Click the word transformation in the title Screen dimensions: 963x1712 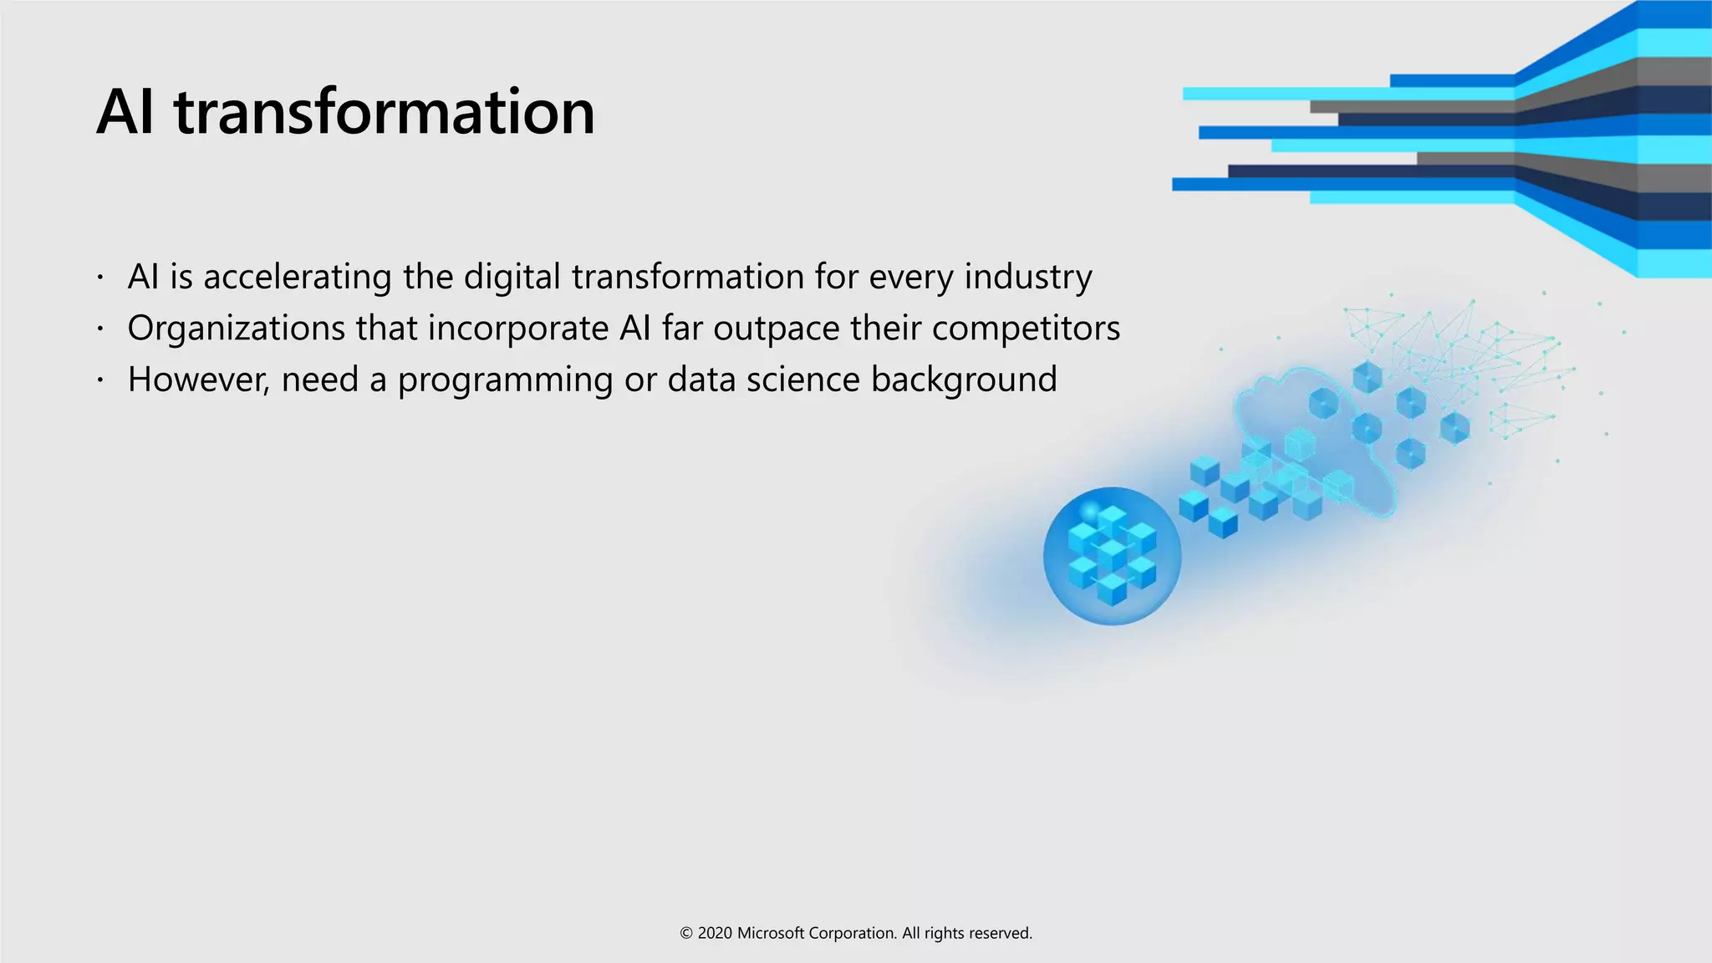click(385, 113)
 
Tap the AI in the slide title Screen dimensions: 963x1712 click(125, 113)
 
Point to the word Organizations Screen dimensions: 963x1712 click(236, 329)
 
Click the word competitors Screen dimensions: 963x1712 click(1026, 329)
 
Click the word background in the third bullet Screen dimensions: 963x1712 click(963, 380)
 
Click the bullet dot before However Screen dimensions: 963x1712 click(99, 380)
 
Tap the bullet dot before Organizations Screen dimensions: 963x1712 click(99, 329)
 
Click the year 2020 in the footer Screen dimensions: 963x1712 click(715, 934)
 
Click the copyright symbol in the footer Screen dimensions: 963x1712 click(686, 934)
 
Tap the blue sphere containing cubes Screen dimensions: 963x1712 click(1112, 556)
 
